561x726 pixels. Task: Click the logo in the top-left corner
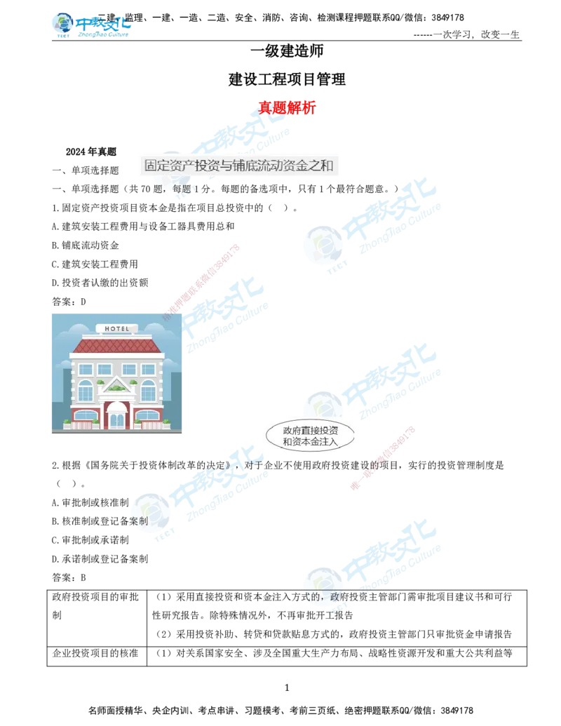pyautogui.click(x=91, y=25)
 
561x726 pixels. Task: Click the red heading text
pyautogui.click(x=288, y=107)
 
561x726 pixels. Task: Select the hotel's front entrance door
pyautogui.click(x=116, y=419)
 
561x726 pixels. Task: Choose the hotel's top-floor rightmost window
pyautogui.click(x=149, y=369)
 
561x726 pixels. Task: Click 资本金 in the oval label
pyautogui.click(x=310, y=442)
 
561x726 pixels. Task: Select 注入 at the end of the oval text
pyautogui.click(x=330, y=442)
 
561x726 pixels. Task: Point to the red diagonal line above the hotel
pyautogui.click(x=203, y=278)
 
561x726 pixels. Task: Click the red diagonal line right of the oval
pyautogui.click(x=383, y=456)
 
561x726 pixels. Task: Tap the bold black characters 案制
pyautogui.click(x=138, y=521)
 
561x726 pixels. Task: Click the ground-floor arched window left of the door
pyautogui.click(x=85, y=417)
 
